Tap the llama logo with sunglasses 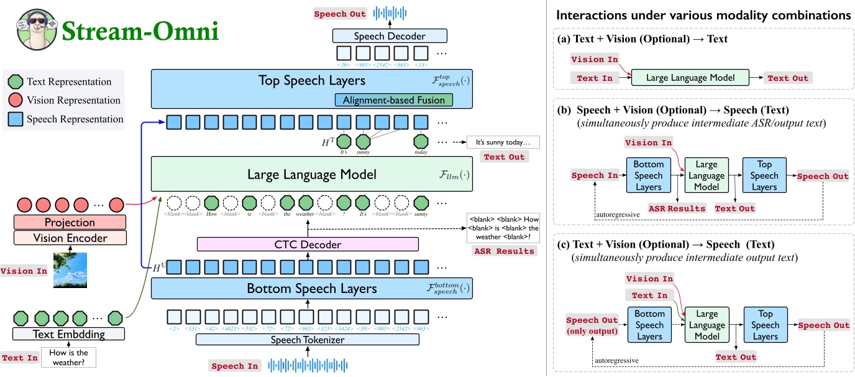click(34, 30)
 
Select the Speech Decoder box click(390, 35)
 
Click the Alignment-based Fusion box click(393, 100)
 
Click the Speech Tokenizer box click(308, 339)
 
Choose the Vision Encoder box click(70, 238)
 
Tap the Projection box click(70, 222)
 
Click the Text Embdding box click(68, 334)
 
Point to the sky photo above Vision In click(70, 269)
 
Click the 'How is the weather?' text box click(68, 358)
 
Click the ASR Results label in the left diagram click(504, 251)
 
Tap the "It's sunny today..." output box click(503, 142)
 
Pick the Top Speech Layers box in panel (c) click(765, 325)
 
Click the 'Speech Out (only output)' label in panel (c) click(592, 325)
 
